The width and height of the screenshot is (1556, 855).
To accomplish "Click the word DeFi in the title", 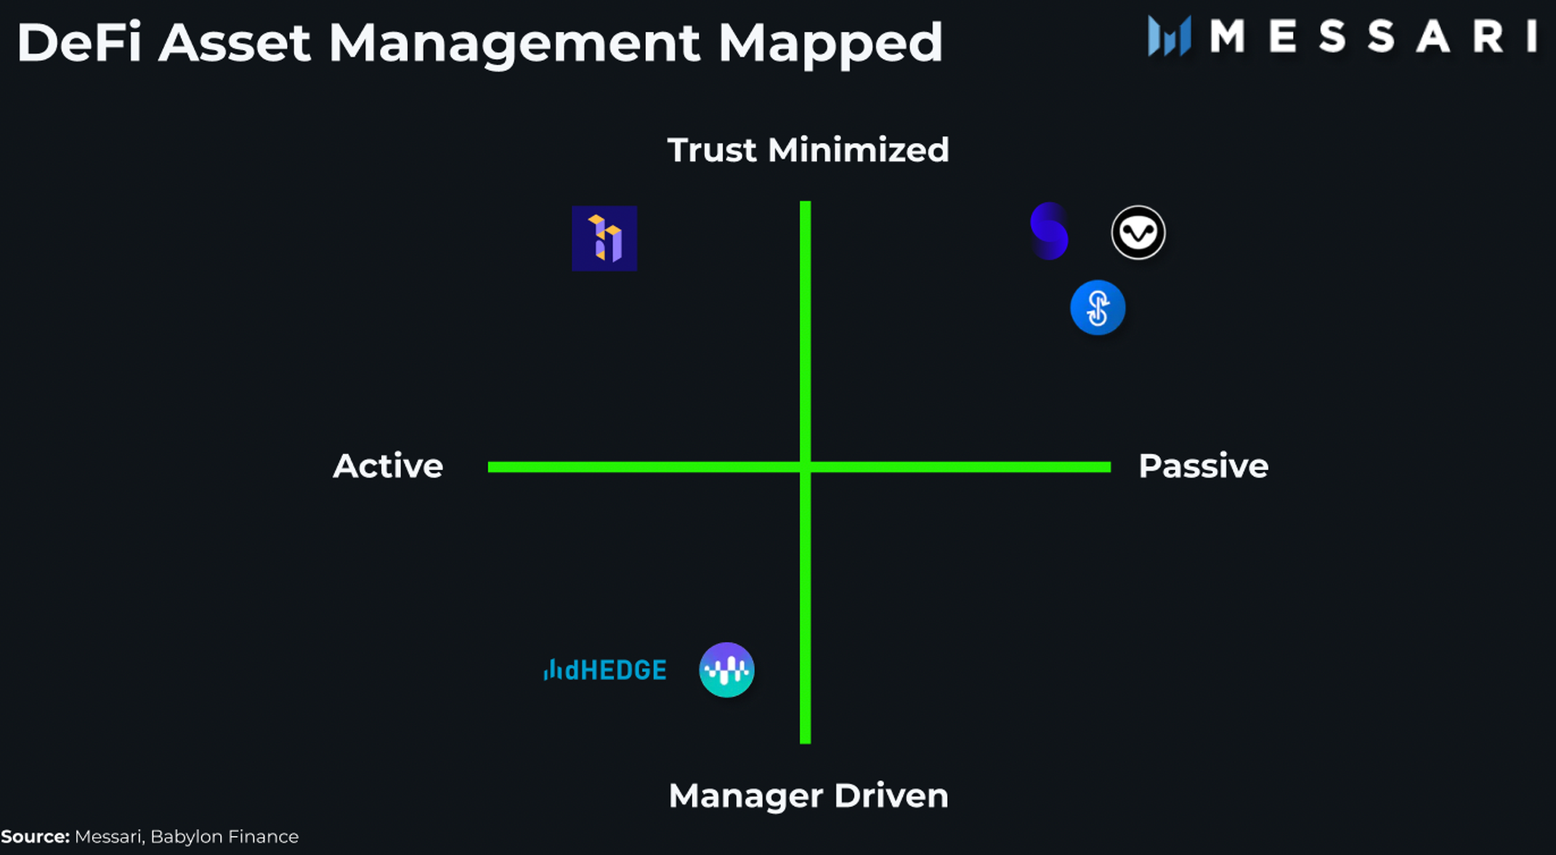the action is click(78, 42).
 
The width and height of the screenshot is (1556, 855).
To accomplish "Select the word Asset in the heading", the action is click(234, 42).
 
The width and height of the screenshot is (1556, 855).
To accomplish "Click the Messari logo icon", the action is click(1169, 36).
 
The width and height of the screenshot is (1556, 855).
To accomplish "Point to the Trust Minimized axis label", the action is click(808, 150).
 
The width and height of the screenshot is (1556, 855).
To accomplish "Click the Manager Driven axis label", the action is click(808, 795).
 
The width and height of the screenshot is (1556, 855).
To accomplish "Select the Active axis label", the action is click(388, 466).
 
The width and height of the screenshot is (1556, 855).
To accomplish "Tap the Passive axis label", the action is click(1203, 466).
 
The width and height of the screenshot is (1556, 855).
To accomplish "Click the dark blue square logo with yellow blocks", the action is click(604, 238).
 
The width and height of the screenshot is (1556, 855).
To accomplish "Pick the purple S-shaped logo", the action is click(1049, 231).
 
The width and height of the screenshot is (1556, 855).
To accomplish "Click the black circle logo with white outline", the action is click(1138, 232).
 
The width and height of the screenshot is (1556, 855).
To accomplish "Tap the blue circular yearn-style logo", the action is click(1098, 307).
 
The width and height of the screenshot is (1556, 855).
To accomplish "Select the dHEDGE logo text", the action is click(615, 670).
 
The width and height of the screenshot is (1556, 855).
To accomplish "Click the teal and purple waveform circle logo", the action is click(726, 670).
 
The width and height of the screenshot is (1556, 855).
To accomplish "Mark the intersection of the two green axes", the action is click(805, 467).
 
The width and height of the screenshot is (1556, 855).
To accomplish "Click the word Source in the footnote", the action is click(35, 837).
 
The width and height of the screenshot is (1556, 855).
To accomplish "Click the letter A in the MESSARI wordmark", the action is click(1433, 36).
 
